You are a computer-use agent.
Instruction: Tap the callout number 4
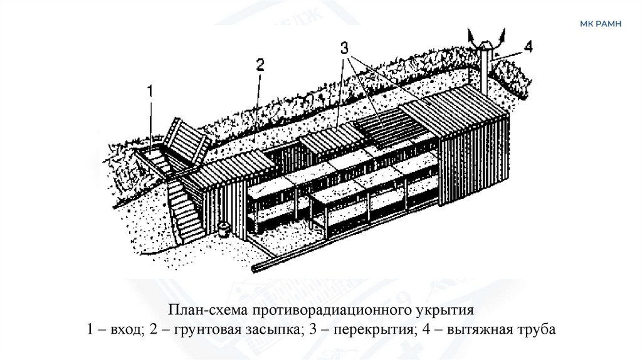(x=529, y=46)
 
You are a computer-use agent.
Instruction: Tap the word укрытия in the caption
(x=445, y=312)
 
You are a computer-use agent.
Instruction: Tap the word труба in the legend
(x=536, y=329)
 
